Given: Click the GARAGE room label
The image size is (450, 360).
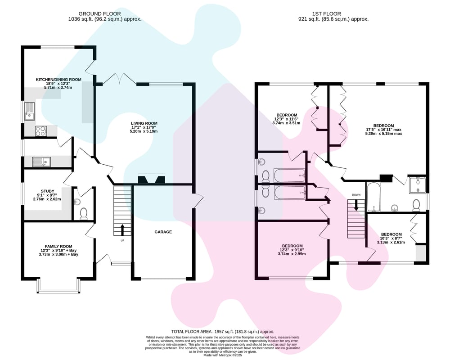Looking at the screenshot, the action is coord(163,232).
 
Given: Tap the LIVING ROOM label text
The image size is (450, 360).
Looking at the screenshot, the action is coord(144,123).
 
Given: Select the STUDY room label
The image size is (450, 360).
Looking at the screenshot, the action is coord(47,191).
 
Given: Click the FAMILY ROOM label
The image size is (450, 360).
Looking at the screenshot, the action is coord(58,246).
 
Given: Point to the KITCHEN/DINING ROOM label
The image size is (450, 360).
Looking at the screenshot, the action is coord(58,80).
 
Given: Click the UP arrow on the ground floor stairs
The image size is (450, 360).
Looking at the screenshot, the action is coord(122,229).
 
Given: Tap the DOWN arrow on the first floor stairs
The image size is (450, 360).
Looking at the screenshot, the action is coord(356,205).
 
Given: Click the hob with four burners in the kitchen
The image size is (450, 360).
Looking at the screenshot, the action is coord(41,131).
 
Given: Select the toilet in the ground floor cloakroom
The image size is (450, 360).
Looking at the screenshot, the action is coord(84,214).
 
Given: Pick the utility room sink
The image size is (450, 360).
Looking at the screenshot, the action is coord(41,162).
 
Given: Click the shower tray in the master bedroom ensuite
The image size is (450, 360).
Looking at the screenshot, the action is coord(417,185).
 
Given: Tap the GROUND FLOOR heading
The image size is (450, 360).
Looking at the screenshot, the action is coord(99,14).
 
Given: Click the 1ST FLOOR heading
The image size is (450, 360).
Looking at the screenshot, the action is coord(327,14).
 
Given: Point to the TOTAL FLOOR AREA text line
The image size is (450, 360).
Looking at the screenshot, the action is coord(223,332).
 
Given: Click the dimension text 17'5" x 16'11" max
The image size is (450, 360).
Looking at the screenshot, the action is coord(383,130).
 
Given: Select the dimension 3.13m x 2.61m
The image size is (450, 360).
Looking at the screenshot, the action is coord(391,242).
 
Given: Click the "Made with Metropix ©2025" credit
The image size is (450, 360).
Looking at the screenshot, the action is coord(223,355).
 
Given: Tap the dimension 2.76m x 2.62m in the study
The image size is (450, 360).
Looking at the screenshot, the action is coord(47,199).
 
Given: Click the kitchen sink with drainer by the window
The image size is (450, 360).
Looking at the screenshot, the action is coord(29,112).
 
